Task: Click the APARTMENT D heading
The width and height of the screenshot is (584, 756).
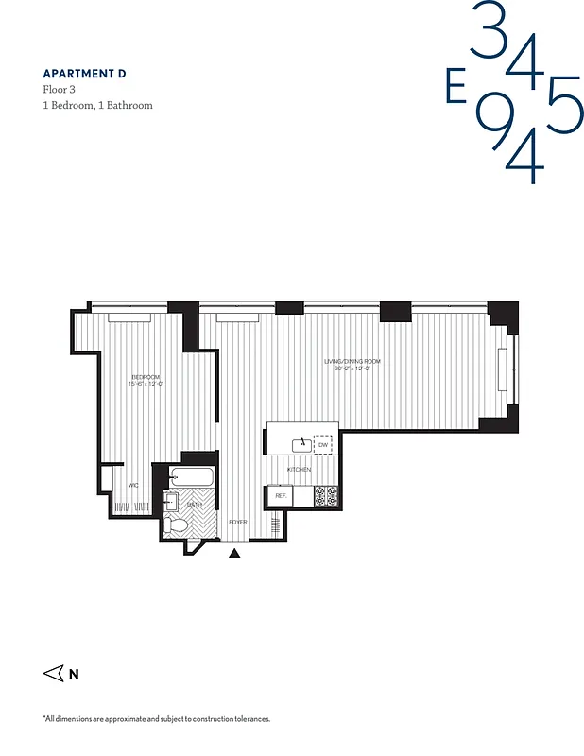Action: pyautogui.click(x=84, y=73)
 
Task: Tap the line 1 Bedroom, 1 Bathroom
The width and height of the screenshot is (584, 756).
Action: pyautogui.click(x=97, y=105)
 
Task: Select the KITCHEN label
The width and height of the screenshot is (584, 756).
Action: pyautogui.click(x=300, y=470)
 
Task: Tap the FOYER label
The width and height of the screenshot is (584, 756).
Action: pyautogui.click(x=239, y=522)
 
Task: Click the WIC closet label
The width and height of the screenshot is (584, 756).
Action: pyautogui.click(x=134, y=486)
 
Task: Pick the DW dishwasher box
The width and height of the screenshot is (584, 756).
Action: pyautogui.click(x=323, y=444)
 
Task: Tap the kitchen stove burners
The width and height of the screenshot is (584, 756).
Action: pyautogui.click(x=326, y=496)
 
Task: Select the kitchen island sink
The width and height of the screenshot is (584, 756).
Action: pyautogui.click(x=302, y=441)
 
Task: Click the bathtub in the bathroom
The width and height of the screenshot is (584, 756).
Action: pyautogui.click(x=193, y=477)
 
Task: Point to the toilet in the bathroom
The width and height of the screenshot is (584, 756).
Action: pyautogui.click(x=176, y=524)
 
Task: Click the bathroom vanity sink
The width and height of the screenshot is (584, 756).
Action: pyautogui.click(x=172, y=501)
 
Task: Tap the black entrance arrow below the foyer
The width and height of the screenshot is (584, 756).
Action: pyautogui.click(x=234, y=553)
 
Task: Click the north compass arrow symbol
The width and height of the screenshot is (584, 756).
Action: pyautogui.click(x=54, y=674)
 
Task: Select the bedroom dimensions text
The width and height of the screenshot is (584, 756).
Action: pyautogui.click(x=146, y=384)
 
